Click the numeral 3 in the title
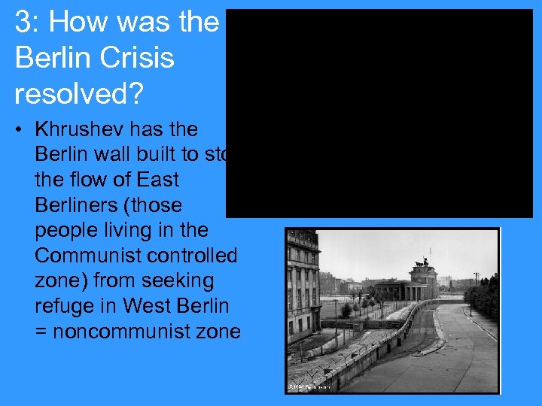pyautogui.click(x=23, y=23)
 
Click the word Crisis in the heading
pyautogui.click(x=136, y=58)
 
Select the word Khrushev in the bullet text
pyautogui.click(x=76, y=129)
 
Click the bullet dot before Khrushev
pyautogui.click(x=19, y=130)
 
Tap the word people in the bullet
pyautogui.click(x=65, y=231)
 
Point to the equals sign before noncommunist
pyautogui.click(x=42, y=332)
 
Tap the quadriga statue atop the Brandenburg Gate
pyautogui.click(x=422, y=264)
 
